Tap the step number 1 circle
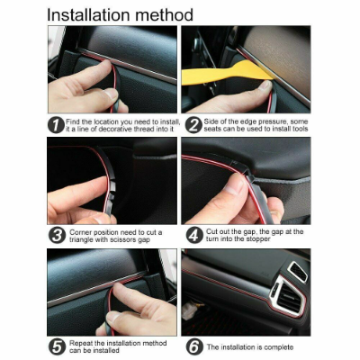(57, 125)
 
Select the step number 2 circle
(193, 125)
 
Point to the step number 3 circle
(57, 236)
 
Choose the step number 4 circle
(194, 236)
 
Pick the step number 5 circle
(57, 347)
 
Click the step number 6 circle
(194, 347)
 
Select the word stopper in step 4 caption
(258, 239)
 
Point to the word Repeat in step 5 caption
(81, 343)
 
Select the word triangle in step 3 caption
(82, 240)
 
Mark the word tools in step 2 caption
(300, 129)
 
